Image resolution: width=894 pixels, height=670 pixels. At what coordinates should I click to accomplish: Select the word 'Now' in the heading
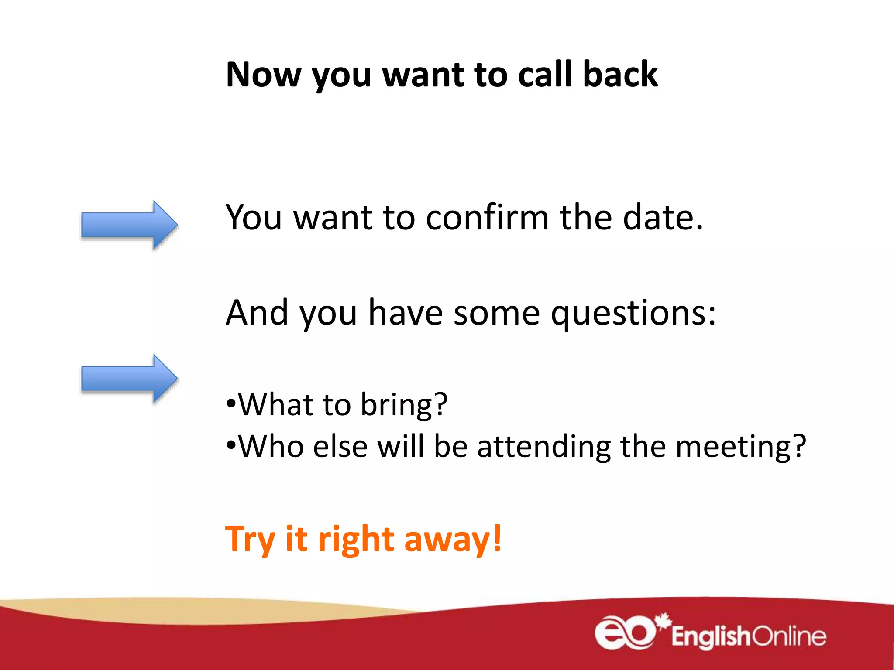263,75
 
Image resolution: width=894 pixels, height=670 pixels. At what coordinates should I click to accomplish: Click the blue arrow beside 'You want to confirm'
129,225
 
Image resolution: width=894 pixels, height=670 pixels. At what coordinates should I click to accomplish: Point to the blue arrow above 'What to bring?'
129,378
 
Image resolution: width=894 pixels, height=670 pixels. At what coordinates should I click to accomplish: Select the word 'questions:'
633,313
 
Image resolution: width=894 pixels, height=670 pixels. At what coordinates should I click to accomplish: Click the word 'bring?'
404,405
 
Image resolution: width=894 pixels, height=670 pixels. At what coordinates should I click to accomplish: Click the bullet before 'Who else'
231,444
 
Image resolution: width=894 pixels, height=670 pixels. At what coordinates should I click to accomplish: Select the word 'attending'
544,447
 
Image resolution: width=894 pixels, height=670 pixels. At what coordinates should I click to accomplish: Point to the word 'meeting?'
740,447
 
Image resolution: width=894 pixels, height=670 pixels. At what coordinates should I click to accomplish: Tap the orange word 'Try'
250,540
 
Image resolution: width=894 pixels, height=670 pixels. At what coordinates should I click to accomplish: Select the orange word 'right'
356,540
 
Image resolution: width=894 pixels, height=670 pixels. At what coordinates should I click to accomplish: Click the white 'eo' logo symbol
625,633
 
